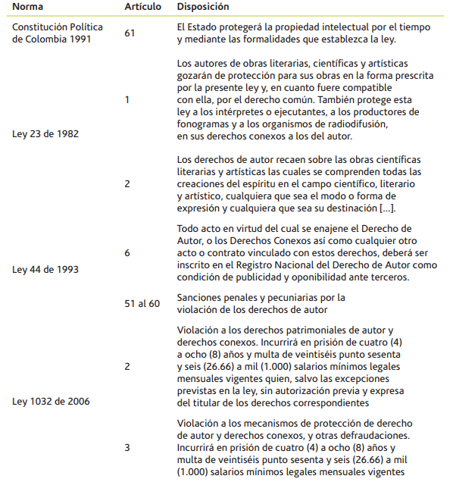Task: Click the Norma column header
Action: pos(27,7)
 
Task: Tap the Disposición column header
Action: pos(202,7)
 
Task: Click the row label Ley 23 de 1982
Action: pos(46,133)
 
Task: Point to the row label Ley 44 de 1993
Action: pos(46,269)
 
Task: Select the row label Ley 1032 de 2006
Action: pos(51,401)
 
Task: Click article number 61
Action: pos(130,33)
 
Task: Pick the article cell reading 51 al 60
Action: pos(142,303)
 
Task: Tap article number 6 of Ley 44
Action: pos(127,253)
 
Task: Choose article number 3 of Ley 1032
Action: pos(127,447)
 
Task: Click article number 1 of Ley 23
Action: pos(127,99)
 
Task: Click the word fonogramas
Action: pos(202,125)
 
